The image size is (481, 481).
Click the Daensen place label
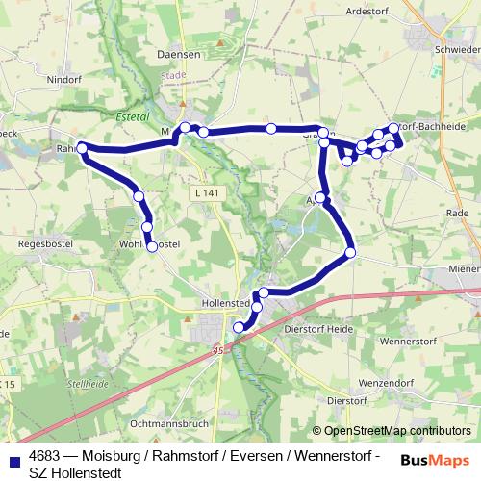[178, 55]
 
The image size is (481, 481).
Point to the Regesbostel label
[41, 245]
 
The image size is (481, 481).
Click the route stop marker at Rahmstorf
[83, 148]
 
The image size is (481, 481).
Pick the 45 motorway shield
[219, 349]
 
